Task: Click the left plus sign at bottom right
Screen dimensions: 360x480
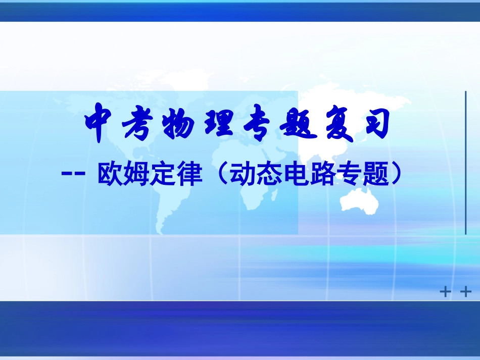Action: (x=445, y=292)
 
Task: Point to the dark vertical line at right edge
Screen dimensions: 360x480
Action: (x=465, y=163)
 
